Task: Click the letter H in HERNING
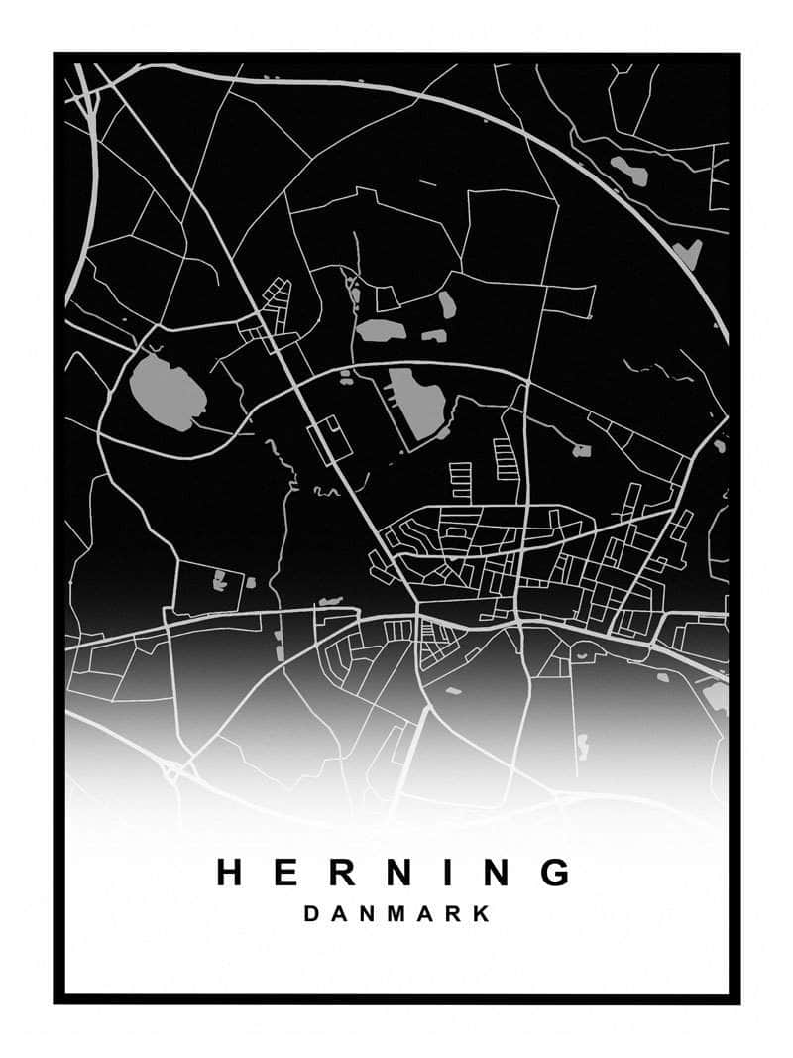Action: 230,872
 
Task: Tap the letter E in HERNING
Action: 283,872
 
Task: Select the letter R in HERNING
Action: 338,872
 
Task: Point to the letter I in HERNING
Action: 449,872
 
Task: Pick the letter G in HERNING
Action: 558,872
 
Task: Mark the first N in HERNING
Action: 395,872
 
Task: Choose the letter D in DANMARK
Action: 311,914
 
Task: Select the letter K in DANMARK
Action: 482,914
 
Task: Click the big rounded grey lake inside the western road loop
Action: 168,392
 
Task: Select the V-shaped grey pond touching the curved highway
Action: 687,251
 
